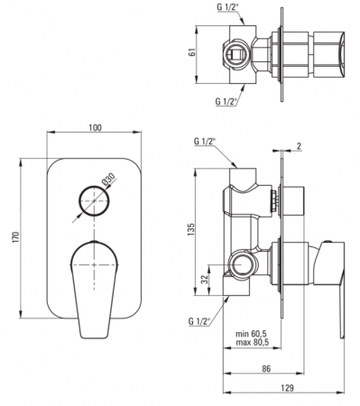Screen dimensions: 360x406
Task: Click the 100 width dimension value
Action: click(x=95, y=127)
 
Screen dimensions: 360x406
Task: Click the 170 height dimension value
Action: click(x=16, y=237)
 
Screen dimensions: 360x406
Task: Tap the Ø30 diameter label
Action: click(x=108, y=180)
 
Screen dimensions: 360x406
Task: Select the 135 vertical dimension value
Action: click(x=191, y=229)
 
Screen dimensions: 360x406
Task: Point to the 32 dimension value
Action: click(x=205, y=280)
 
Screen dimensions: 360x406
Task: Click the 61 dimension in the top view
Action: click(x=192, y=51)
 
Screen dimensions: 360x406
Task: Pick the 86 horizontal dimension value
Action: click(x=266, y=368)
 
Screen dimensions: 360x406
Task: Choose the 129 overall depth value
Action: click(x=288, y=388)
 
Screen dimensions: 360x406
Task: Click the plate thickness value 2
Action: click(x=299, y=146)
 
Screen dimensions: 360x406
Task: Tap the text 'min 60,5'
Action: click(x=252, y=334)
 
